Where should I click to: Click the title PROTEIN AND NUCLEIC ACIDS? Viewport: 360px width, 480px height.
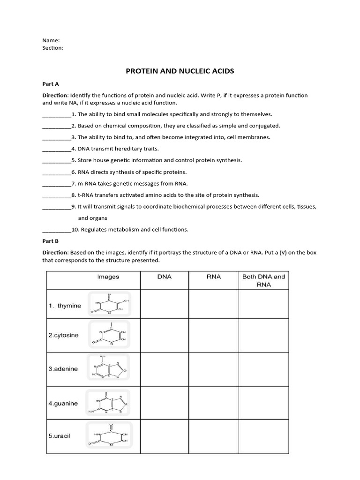180,71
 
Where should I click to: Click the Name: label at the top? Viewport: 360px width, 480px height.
51,40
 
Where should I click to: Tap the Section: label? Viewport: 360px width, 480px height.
53,47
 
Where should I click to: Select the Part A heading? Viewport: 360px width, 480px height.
51,84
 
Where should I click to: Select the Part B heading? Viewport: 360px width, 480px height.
51,241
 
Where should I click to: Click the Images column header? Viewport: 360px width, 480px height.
108,277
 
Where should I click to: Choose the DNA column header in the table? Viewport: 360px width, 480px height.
164,277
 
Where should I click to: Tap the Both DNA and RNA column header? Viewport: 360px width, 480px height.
263,280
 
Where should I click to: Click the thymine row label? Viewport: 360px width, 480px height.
65,306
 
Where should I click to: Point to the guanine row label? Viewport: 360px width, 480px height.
63,403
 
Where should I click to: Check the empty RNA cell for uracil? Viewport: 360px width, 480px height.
214,436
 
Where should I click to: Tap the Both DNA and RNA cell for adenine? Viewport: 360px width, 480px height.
263,369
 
